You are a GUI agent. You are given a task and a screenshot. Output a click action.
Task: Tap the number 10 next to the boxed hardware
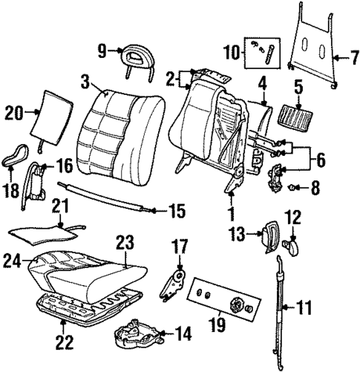(230, 52)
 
